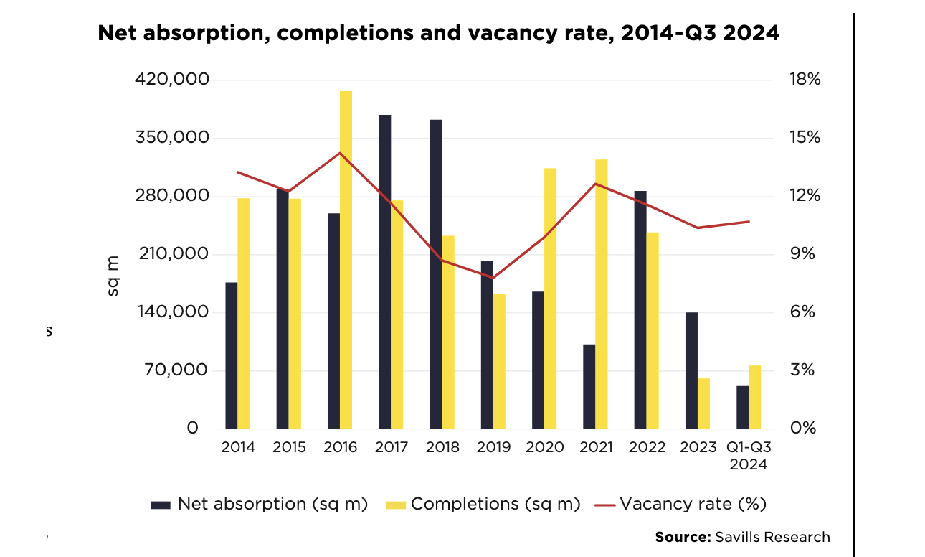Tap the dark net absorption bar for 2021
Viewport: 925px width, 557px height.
(x=589, y=386)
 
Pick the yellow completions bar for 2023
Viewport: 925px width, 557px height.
(x=704, y=403)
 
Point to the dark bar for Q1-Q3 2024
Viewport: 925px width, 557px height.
(x=743, y=407)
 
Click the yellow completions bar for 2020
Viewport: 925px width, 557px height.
(x=551, y=298)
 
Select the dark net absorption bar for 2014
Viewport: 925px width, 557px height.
(x=232, y=355)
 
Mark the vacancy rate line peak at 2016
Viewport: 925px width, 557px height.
(x=341, y=153)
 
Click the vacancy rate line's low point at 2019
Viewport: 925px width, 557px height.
(x=493, y=278)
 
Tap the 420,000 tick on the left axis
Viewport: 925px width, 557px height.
(x=171, y=79)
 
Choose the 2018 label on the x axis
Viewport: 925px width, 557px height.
(x=442, y=447)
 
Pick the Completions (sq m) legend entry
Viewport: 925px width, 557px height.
(x=495, y=504)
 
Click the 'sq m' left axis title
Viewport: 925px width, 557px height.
(x=113, y=276)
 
